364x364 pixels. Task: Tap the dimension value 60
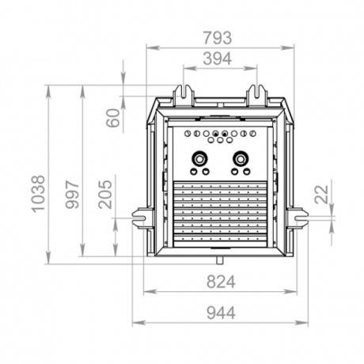(112, 119)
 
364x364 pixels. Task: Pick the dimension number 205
(106, 192)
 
